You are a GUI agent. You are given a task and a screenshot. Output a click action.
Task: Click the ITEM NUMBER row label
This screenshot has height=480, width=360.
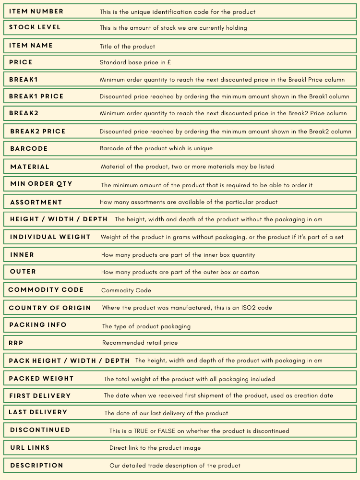click(36, 11)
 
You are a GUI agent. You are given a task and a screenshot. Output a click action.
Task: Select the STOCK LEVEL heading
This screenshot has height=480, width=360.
click(35, 27)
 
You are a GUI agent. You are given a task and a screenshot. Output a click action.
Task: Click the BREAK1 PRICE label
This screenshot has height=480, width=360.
click(36, 96)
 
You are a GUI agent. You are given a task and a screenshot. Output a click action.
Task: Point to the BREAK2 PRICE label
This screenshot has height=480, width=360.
click(37, 132)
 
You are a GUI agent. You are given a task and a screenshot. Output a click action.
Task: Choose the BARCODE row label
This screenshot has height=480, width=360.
click(29, 149)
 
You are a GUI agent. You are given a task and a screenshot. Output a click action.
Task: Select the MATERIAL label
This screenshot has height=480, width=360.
click(30, 167)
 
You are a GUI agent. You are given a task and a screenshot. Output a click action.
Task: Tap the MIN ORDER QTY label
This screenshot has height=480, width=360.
click(41, 184)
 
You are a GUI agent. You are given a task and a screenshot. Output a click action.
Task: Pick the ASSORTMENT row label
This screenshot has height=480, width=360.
click(36, 203)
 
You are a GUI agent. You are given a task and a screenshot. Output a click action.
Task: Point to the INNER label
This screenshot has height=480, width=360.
click(22, 255)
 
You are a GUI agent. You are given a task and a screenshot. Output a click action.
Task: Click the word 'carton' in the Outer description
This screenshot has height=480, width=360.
click(249, 272)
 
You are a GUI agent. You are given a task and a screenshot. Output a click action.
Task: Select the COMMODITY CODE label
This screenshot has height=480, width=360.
click(46, 290)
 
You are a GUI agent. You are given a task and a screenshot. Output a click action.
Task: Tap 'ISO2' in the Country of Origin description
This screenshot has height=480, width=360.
click(248, 308)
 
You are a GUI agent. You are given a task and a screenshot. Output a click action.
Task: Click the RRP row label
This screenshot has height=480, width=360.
click(16, 343)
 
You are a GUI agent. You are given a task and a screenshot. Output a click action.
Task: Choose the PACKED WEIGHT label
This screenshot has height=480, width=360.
click(41, 379)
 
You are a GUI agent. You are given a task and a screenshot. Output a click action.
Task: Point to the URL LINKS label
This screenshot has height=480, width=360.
click(30, 448)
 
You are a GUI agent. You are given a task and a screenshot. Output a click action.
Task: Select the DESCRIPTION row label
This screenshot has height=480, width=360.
click(36, 466)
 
